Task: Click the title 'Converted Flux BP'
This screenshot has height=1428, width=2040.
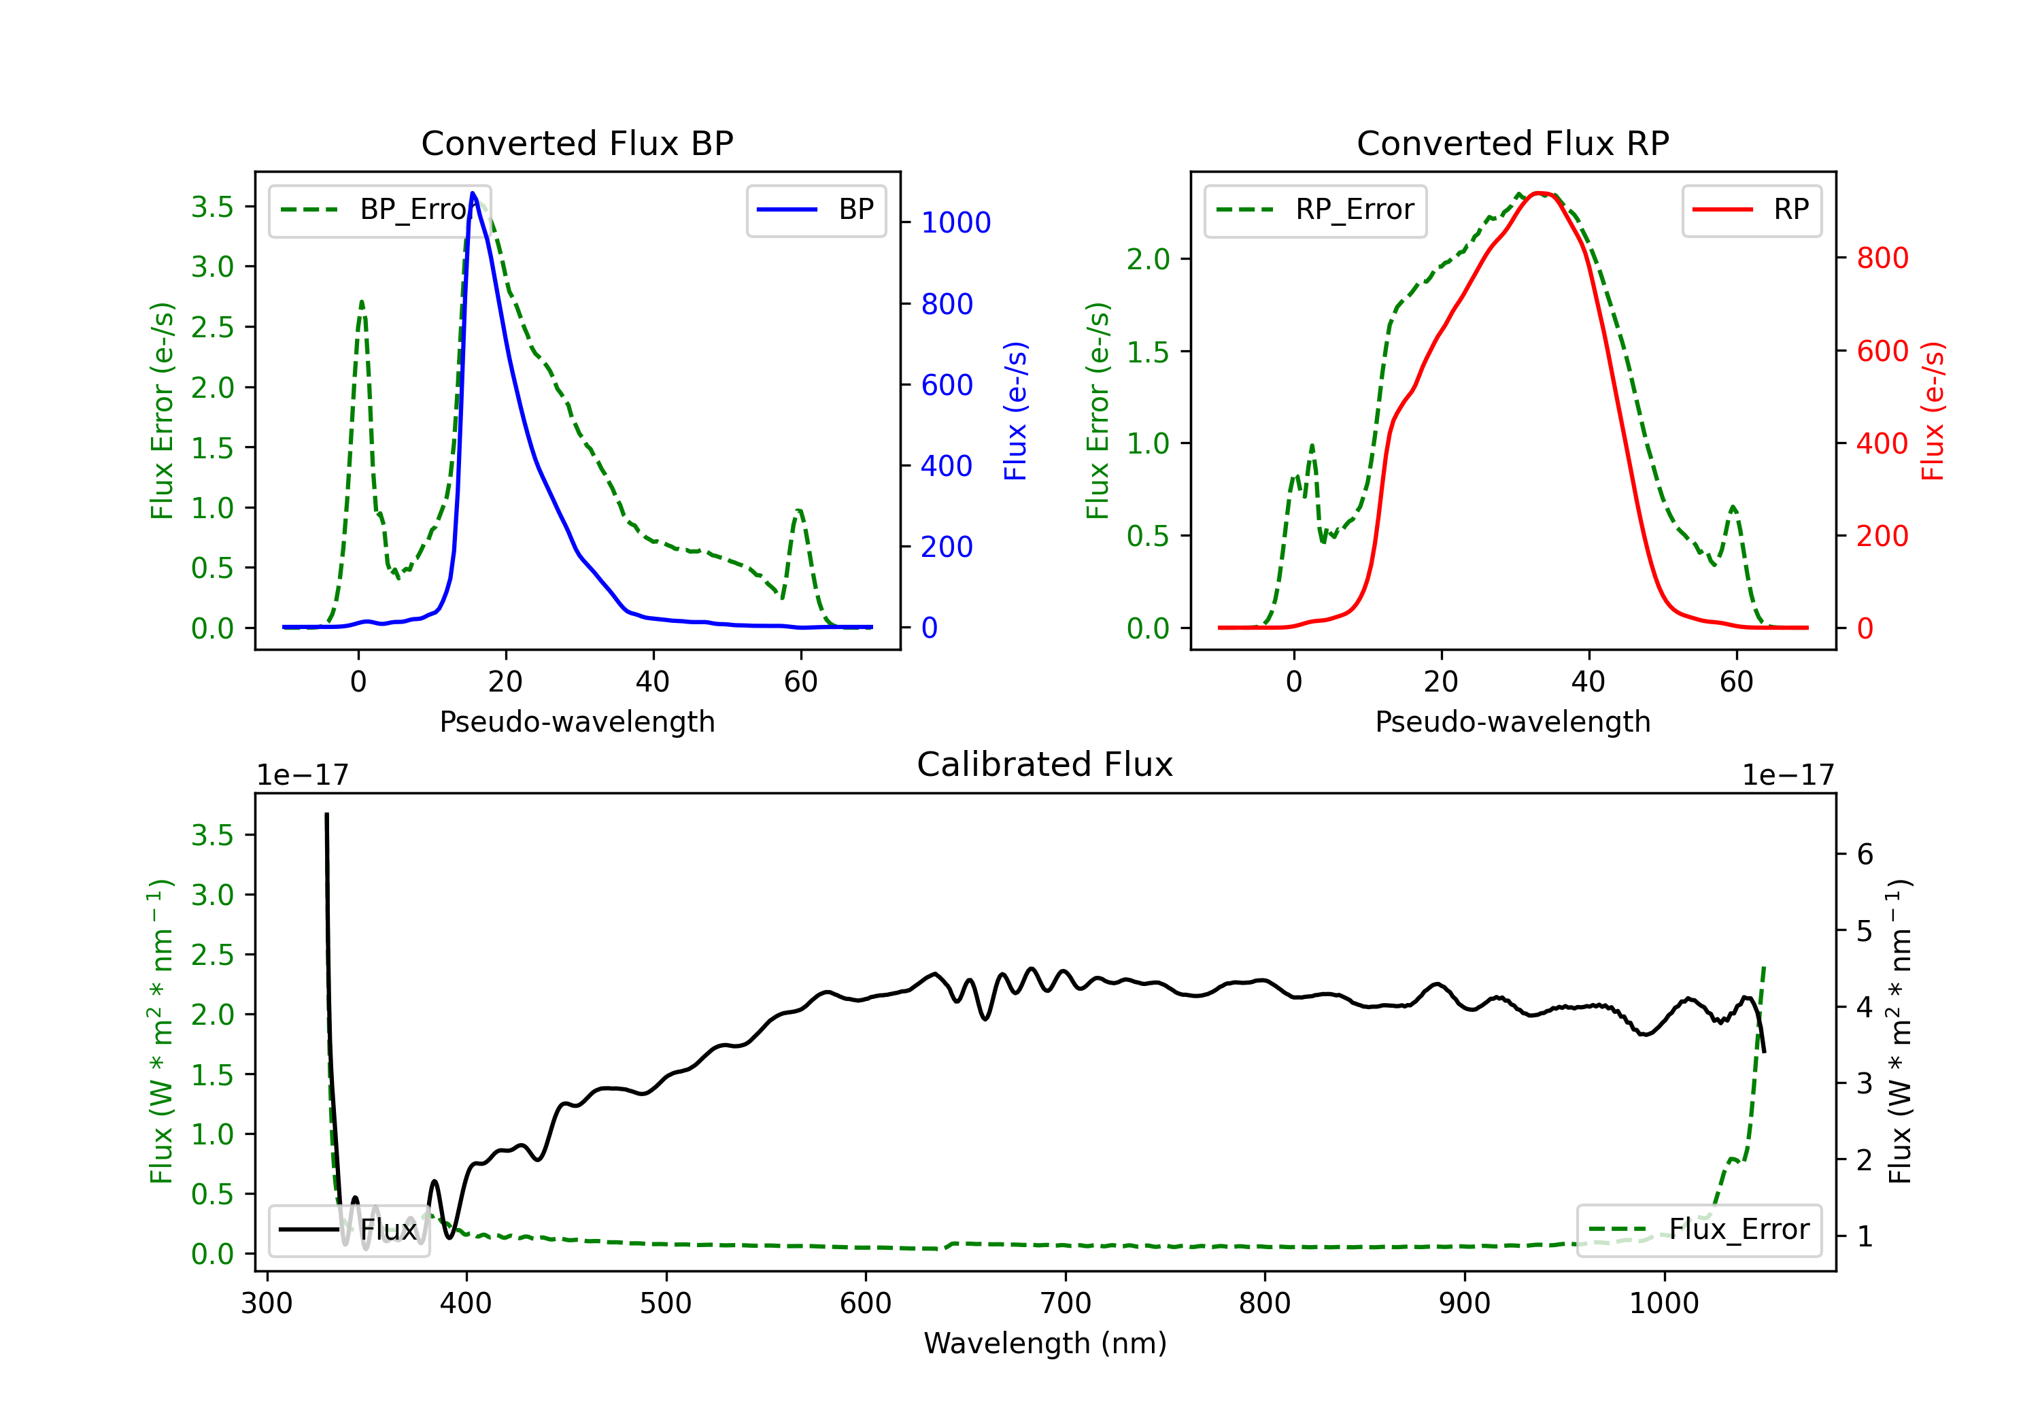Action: (x=577, y=143)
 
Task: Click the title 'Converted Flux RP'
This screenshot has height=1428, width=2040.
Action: (x=1512, y=143)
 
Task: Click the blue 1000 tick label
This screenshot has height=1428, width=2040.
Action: (x=955, y=223)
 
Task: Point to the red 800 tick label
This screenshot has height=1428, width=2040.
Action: (x=1882, y=258)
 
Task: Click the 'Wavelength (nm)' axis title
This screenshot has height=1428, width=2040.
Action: (x=1045, y=1343)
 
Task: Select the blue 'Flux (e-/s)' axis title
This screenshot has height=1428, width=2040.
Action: (x=1015, y=411)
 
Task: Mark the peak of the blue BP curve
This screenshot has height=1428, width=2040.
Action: (x=473, y=193)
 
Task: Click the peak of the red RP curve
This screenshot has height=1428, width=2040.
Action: (x=1541, y=193)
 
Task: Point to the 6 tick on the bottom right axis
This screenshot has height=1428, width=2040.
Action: (x=1865, y=855)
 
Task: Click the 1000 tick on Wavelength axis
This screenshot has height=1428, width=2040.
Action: (x=1663, y=1304)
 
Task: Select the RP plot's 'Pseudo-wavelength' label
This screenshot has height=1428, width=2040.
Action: (x=1512, y=721)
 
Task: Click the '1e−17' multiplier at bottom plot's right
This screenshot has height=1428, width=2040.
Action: (x=1788, y=775)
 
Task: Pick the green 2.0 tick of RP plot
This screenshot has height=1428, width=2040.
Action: (x=1148, y=260)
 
